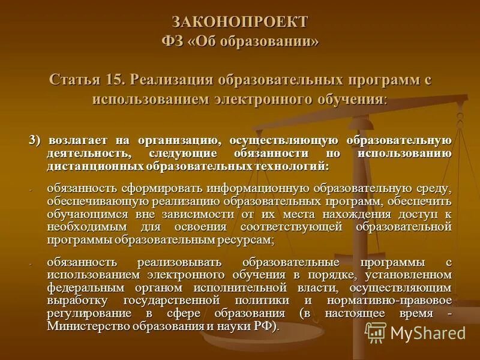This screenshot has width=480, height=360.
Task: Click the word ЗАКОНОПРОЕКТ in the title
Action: pyautogui.click(x=240, y=22)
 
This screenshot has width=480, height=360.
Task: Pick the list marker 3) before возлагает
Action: pyautogui.click(x=34, y=140)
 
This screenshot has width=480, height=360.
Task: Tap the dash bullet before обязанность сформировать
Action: pyautogui.click(x=31, y=188)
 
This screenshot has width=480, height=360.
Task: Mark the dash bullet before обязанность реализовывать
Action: pyautogui.click(x=31, y=263)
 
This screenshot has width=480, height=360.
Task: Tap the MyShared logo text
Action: pyautogui.click(x=428, y=332)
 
